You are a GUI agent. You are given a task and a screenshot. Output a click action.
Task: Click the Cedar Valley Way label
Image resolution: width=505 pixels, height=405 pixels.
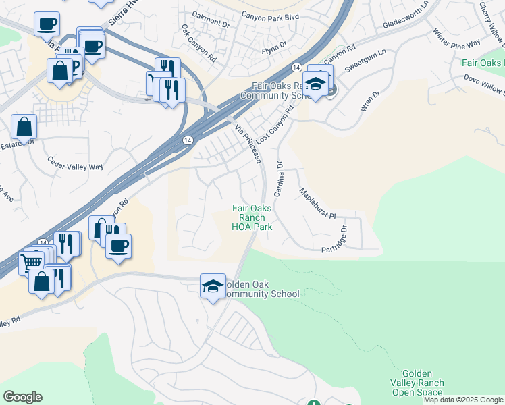click(74, 164)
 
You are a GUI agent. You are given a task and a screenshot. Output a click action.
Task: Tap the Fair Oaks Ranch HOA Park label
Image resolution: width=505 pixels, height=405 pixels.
click(252, 218)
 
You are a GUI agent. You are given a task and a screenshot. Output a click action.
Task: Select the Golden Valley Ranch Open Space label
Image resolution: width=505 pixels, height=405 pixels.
click(423, 383)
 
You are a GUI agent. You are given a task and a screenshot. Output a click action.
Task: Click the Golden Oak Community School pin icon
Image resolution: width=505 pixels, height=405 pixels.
click(213, 286)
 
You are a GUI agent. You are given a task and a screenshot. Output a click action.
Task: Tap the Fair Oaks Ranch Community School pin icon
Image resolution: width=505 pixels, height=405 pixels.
click(315, 84)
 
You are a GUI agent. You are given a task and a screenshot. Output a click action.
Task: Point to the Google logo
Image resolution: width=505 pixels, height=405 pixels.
click(22, 397)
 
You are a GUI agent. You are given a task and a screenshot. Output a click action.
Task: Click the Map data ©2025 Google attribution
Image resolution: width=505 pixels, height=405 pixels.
click(463, 400)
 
